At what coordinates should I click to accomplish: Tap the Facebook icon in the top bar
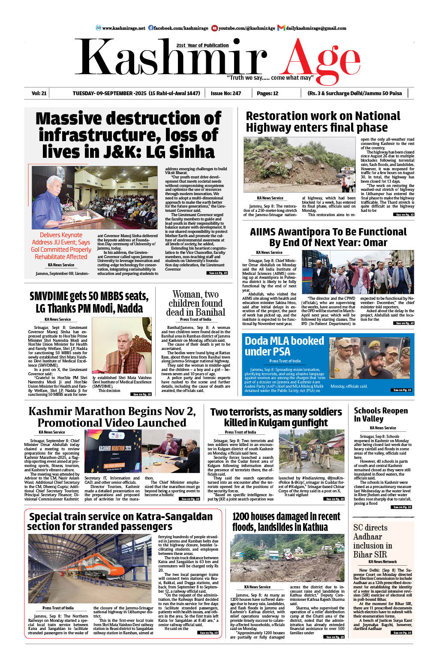coord(151,28)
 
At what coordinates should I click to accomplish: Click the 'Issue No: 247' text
coord(226,93)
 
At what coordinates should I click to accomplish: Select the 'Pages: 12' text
coord(268,93)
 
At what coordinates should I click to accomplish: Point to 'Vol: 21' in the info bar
coord(39,93)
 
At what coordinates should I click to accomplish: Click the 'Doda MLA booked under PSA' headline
coord(284,346)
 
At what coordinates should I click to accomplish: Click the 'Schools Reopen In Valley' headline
coord(381,415)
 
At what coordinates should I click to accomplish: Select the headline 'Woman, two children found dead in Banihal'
coord(195,303)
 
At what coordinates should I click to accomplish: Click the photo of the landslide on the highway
coord(299,165)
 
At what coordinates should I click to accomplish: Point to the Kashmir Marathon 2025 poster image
coord(112,451)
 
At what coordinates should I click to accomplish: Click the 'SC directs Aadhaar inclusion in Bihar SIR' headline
coord(373,541)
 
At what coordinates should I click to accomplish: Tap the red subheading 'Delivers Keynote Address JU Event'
coord(61,246)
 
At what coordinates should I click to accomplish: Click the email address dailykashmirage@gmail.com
coord(316,28)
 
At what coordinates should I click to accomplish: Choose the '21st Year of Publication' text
coord(202,45)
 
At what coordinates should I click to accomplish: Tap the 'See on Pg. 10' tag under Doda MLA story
coord(402,390)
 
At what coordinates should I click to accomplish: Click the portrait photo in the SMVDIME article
coord(129,345)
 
